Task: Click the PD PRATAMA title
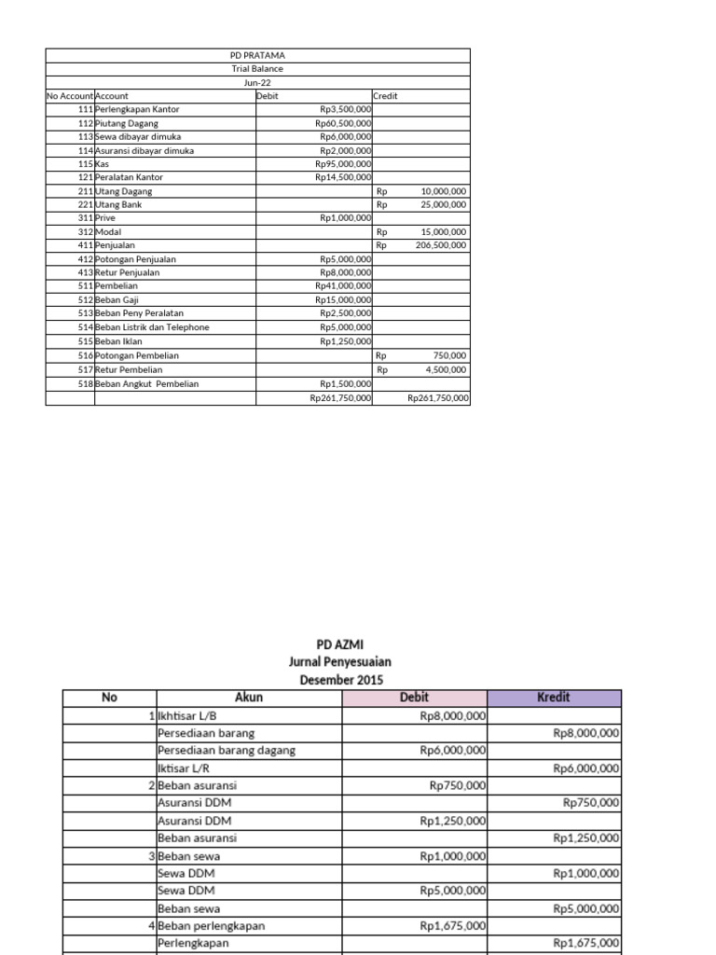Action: coord(257,55)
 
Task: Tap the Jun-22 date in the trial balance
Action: coord(257,82)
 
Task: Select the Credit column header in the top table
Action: coord(386,96)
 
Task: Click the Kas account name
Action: coord(103,163)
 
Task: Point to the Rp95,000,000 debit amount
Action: coord(343,163)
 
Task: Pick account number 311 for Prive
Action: coord(85,217)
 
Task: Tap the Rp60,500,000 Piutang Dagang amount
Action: coord(343,123)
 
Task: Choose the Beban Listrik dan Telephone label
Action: coord(152,327)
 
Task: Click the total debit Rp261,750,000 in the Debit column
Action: coord(340,398)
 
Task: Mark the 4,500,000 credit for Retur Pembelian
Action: coord(447,369)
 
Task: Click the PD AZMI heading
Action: coord(340,644)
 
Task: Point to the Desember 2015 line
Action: coord(340,680)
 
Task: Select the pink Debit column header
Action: coord(414,698)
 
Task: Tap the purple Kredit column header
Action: coord(553,698)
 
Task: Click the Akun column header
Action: coord(249,698)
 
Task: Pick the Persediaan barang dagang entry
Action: coord(226,750)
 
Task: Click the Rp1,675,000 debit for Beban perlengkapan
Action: coord(452,926)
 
